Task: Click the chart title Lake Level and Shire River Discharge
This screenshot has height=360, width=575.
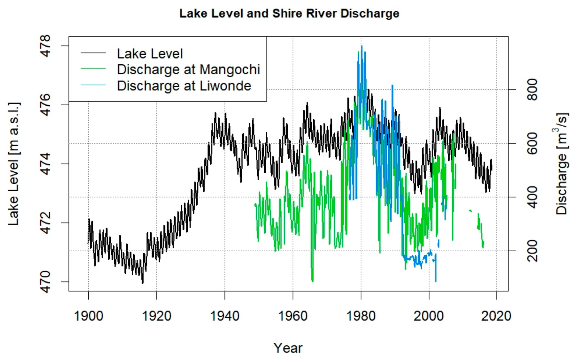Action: point(289,14)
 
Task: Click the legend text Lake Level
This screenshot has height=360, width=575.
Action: point(150,54)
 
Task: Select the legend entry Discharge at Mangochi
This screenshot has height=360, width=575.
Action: point(188,69)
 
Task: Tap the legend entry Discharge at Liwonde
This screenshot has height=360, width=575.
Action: point(184,86)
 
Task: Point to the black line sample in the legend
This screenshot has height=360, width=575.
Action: point(93,53)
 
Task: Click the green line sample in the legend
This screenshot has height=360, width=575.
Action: point(93,69)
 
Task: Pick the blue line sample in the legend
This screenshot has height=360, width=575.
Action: point(93,85)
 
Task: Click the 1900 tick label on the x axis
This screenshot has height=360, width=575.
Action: point(88,316)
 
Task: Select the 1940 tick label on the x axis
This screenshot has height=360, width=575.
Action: point(224,316)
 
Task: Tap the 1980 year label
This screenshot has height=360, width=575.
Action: point(361,316)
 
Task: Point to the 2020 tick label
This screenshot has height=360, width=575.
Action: point(496,316)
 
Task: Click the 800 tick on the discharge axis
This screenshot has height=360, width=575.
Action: point(532,90)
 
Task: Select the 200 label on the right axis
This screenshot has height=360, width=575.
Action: point(532,251)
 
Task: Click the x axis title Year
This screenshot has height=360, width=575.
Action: point(288,347)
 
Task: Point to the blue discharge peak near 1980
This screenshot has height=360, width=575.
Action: point(361,46)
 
